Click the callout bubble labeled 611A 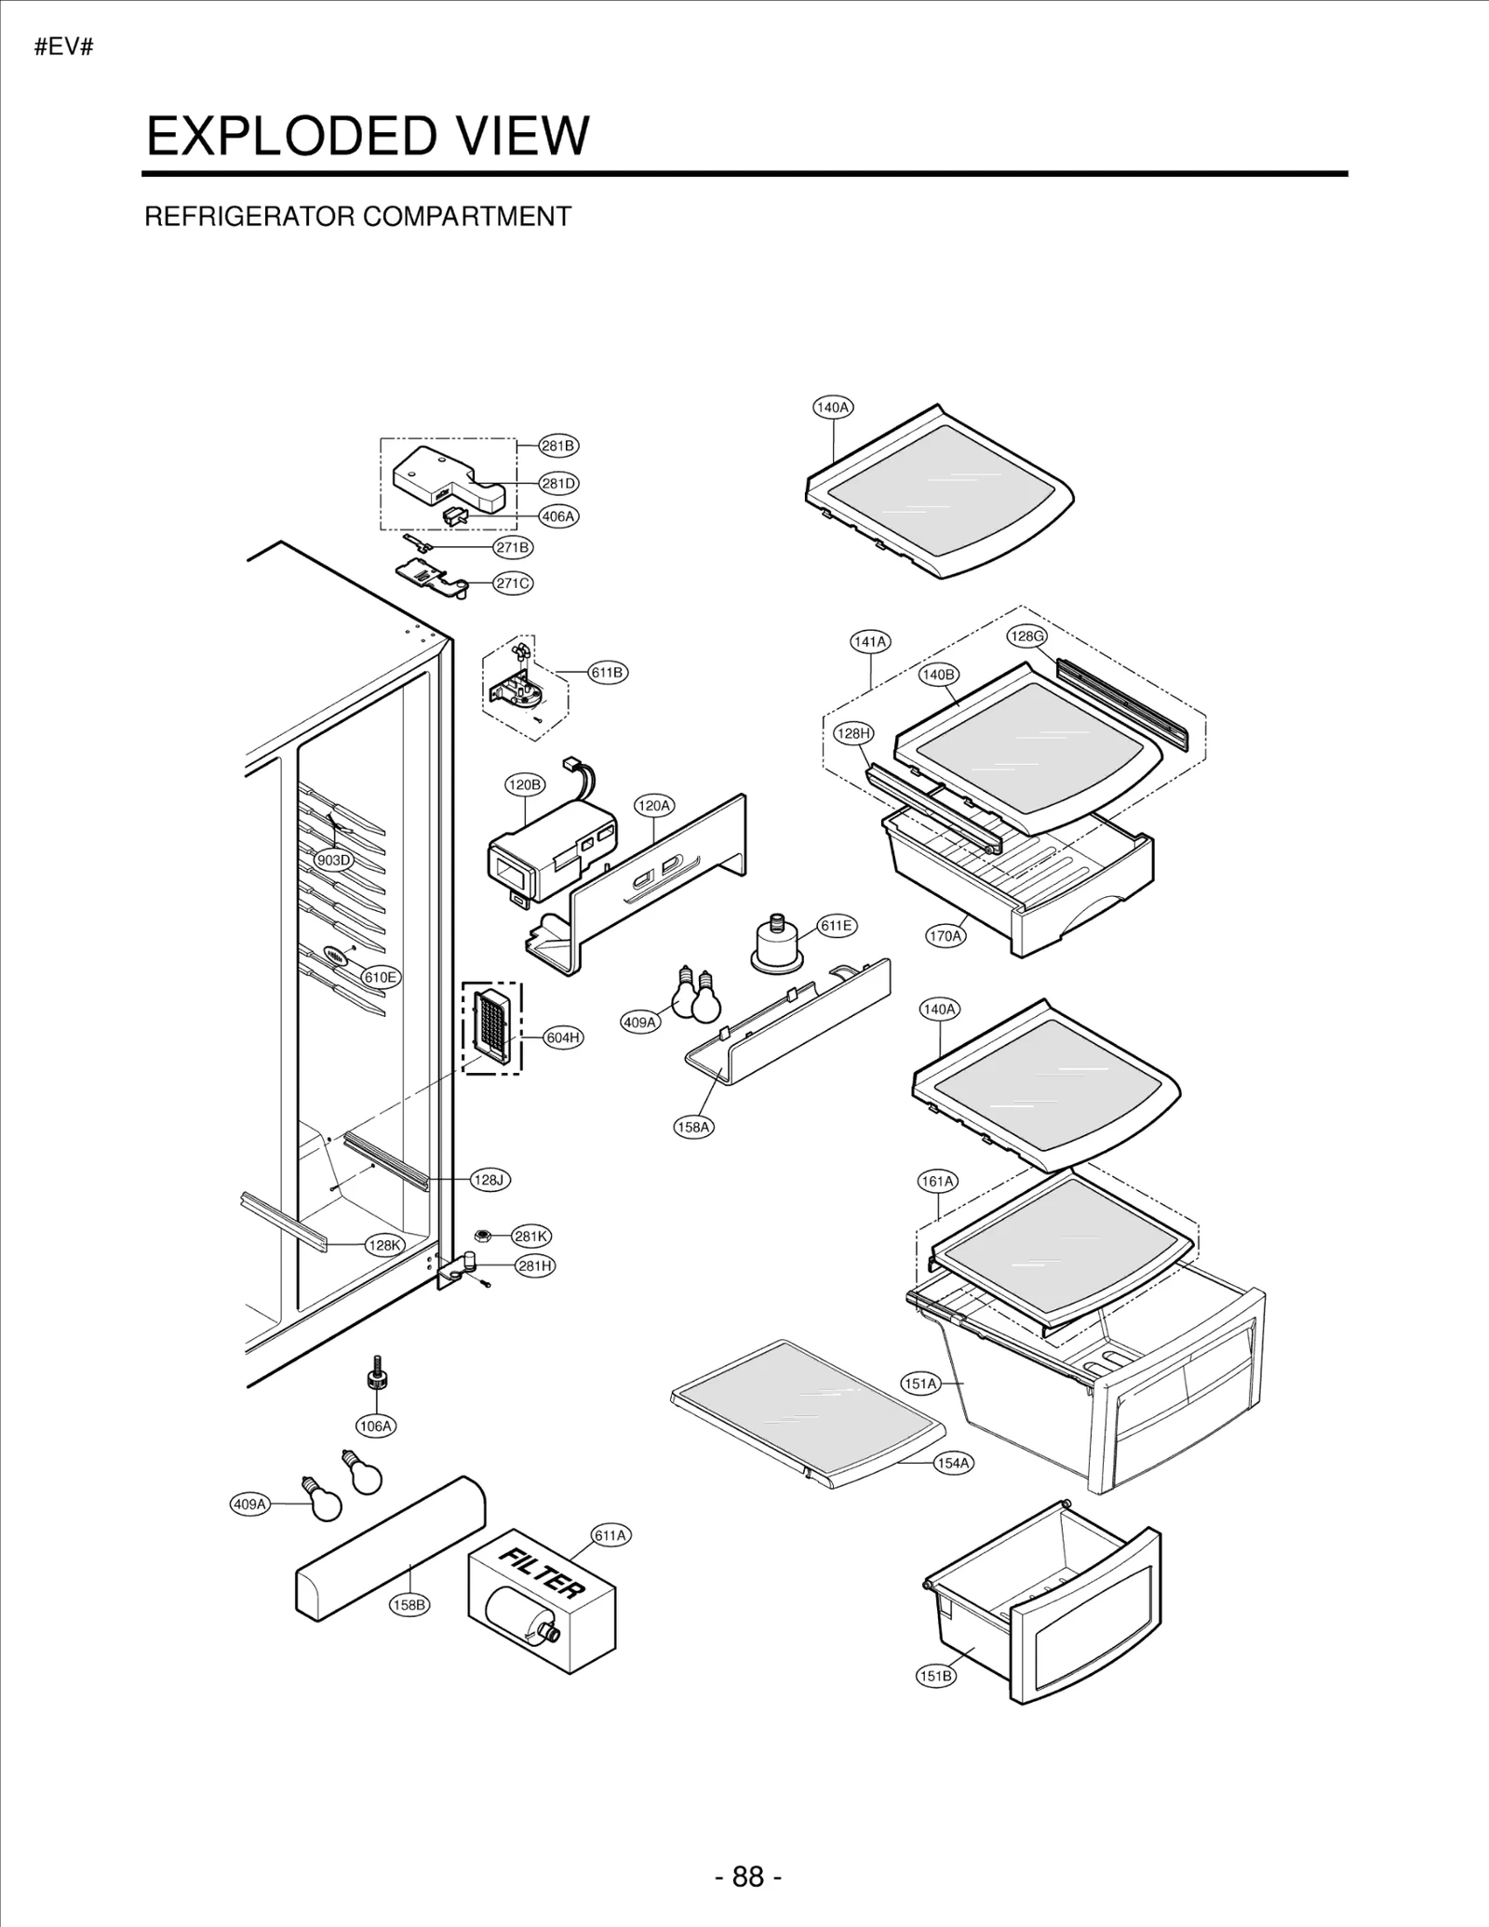pos(610,1535)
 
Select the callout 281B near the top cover pos(558,446)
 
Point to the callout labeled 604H pos(563,1037)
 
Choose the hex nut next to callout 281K pos(482,1236)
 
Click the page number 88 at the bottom pos(747,1876)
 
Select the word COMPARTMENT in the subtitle pos(466,217)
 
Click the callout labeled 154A pos(953,1463)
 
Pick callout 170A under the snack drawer pos(945,936)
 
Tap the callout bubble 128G pos(1026,636)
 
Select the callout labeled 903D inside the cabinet pos(333,860)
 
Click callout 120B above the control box pos(524,784)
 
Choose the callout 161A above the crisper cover pos(938,1182)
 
